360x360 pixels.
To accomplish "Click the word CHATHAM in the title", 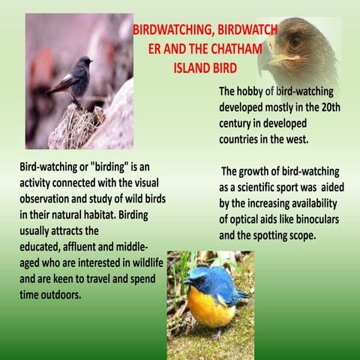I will click(229, 49).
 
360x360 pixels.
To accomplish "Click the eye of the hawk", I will click(295, 40).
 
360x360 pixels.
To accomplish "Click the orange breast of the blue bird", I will click(211, 305).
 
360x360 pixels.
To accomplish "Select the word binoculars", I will click(309, 220).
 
